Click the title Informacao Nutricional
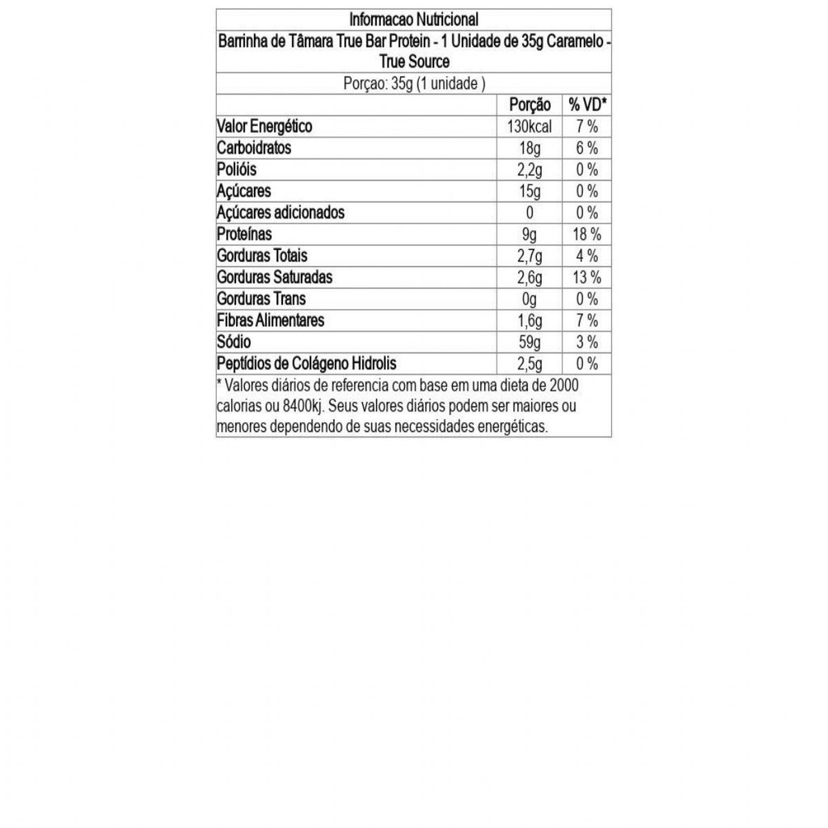[414, 19]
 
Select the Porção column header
[530, 105]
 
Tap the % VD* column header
[587, 105]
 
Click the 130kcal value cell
[530, 127]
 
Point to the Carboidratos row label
[254, 148]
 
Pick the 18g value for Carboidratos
[530, 148]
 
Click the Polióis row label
[237, 170]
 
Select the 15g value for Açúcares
[530, 192]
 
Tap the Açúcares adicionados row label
[281, 213]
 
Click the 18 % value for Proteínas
[587, 234]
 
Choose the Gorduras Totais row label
[262, 256]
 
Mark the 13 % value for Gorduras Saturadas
[587, 277]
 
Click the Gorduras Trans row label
[261, 298]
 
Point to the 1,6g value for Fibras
[530, 320]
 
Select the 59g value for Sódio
[530, 342]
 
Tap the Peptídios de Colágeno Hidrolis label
[306, 363]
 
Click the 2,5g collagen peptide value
[530, 363]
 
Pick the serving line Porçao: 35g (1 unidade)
[414, 83]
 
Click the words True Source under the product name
[414, 61]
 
